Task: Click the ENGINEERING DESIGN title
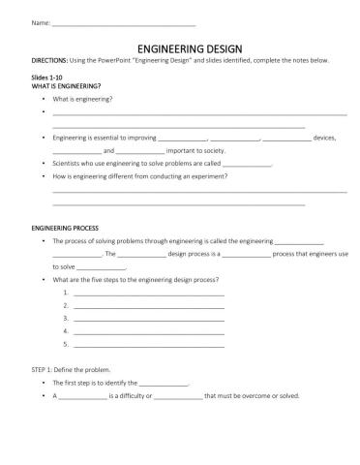tap(179, 46)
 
